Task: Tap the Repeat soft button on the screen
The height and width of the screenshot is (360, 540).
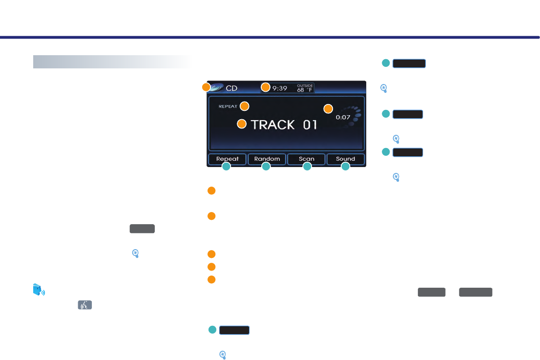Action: point(227,159)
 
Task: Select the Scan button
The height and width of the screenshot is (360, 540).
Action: point(307,159)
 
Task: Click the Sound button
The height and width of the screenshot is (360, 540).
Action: point(346,159)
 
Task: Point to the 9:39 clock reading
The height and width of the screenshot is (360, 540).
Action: point(280,89)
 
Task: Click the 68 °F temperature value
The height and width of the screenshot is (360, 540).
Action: point(305,90)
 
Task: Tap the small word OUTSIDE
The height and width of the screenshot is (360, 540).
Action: point(305,85)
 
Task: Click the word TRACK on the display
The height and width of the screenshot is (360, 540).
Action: point(273,125)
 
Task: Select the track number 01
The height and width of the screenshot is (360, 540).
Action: point(310,125)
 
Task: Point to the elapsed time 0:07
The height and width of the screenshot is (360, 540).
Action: point(343,118)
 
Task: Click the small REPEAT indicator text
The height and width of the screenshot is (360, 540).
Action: point(228,106)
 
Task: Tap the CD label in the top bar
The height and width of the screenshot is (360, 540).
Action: point(232,89)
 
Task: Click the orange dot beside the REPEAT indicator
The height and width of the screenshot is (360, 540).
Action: point(244,106)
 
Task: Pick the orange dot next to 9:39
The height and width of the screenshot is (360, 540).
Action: point(265,87)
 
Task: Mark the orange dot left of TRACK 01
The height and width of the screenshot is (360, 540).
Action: point(242,124)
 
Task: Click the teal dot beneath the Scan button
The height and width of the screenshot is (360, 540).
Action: point(307,167)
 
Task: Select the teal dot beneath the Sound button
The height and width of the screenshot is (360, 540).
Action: point(345,167)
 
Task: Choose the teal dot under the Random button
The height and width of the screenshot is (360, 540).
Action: point(266,167)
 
